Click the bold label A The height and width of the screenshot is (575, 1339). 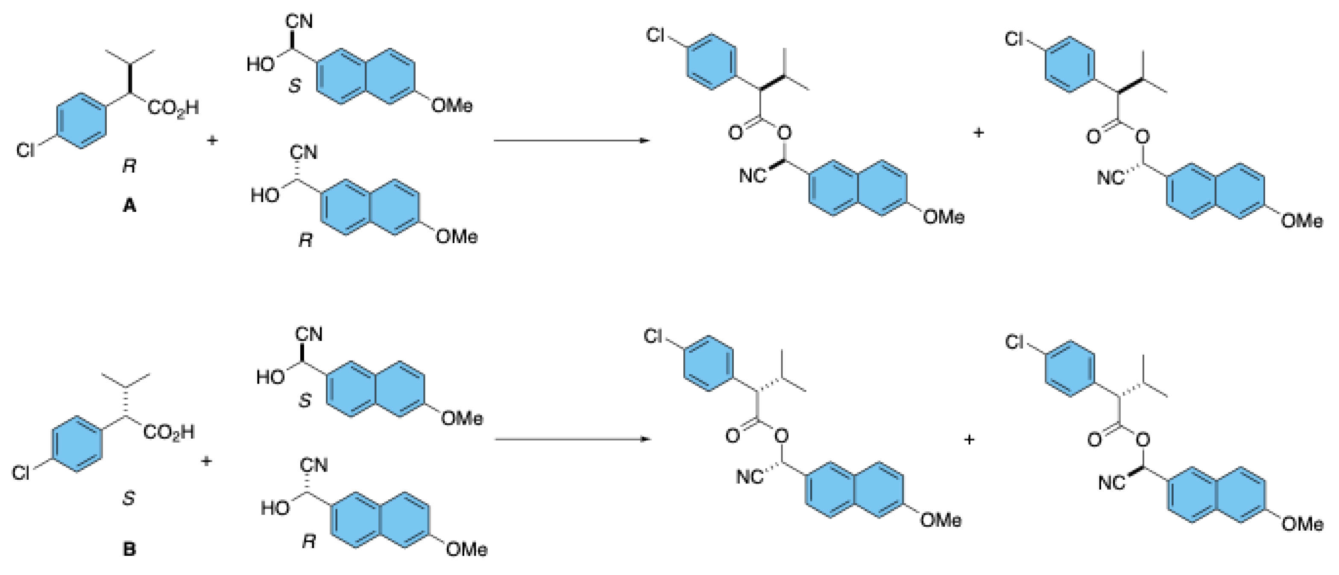pos(129,206)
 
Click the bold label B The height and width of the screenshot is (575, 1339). pos(129,549)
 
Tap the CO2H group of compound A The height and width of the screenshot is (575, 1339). pos(173,109)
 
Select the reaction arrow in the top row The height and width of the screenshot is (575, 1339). pos(572,141)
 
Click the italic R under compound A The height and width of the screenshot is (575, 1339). pos(129,166)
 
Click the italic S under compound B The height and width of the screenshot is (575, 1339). pos(129,498)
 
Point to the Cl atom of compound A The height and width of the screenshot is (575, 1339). pos(26,150)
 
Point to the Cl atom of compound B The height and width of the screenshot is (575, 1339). pos(21,473)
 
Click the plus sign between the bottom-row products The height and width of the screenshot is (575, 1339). pos(969,440)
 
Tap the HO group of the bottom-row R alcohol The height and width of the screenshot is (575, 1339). pos(275,508)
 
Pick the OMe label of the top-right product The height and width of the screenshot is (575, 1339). pos(1301,221)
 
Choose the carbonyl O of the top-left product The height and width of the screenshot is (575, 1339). pos(735,133)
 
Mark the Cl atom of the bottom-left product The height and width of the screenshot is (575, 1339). pos(653,336)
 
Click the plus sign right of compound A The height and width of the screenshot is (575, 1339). pos(212,141)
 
